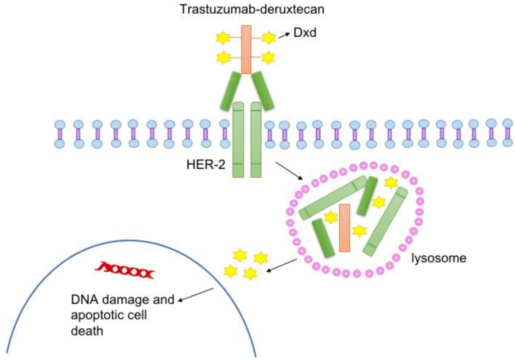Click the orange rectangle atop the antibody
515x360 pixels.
coord(246,49)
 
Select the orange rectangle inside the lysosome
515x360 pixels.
coord(345,228)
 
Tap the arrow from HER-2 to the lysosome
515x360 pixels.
coord(288,171)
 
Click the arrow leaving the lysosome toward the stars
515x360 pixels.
coord(281,265)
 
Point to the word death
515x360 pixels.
coord(85,332)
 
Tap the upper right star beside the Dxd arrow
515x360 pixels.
coord(269,37)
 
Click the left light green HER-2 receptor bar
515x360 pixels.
coord(238,139)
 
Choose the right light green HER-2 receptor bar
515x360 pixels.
coord(256,139)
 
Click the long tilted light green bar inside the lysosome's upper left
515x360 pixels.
coord(333,198)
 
